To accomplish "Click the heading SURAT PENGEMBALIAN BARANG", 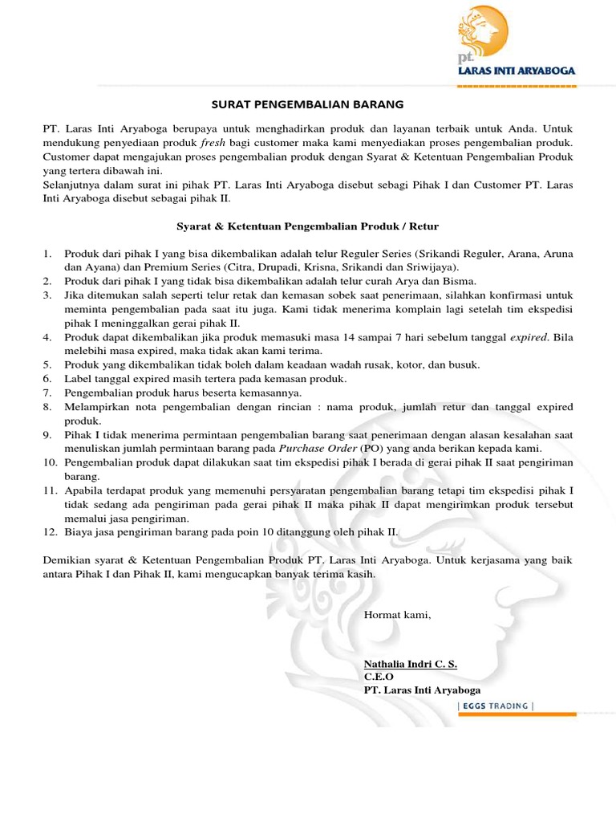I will (x=307, y=104).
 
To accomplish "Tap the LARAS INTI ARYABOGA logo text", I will (x=516, y=71).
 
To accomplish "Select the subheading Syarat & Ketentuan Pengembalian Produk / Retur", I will (x=307, y=226).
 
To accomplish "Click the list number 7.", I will (x=47, y=393).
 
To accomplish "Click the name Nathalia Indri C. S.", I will (x=411, y=665).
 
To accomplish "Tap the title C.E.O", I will (x=379, y=677).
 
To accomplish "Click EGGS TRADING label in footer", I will (x=494, y=706).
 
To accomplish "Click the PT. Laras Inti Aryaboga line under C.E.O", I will (x=423, y=690).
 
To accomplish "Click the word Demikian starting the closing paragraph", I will (x=66, y=560).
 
